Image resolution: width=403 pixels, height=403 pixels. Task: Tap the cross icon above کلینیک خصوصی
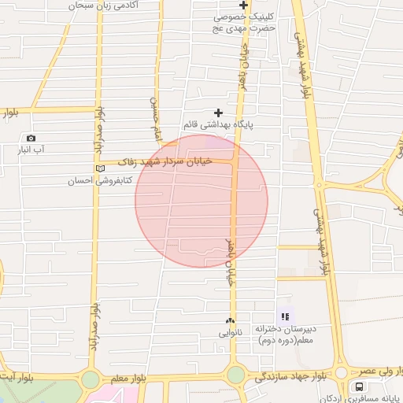pos(244,6)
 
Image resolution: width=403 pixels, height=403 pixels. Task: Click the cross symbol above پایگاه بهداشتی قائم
pos(219,113)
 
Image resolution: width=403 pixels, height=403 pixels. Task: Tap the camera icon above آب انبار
pos(31,139)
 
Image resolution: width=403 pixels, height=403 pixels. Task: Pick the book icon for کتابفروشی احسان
pos(98,168)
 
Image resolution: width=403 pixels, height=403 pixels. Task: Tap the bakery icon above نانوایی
pos(230,320)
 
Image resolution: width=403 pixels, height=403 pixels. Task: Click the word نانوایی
pos(231,332)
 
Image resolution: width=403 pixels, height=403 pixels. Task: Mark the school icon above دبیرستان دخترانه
pos(285,316)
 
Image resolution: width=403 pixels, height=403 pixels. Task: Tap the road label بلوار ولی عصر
pos(379,370)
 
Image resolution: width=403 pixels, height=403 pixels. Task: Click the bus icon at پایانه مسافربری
pos(360,386)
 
